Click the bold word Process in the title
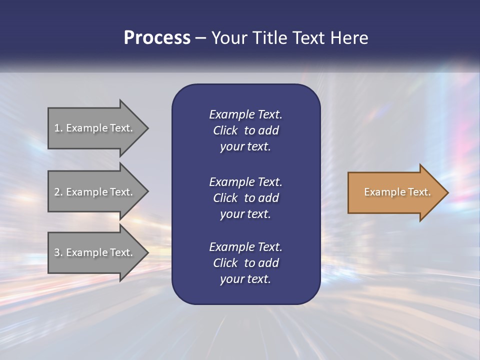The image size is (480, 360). coord(157,38)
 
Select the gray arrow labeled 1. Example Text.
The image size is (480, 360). coord(95,128)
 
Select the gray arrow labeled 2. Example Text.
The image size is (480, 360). coord(95,192)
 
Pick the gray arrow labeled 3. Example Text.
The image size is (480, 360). coord(95,252)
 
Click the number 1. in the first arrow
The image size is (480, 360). coord(58,128)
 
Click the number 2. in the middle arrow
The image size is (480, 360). coord(58,192)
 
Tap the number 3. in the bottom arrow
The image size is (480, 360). coord(58,252)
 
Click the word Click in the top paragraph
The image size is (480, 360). coord(225,130)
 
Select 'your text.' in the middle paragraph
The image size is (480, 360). coord(245,214)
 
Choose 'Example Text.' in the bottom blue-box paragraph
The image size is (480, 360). coord(245,247)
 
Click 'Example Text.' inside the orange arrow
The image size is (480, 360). coord(397,192)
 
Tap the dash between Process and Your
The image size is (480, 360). coord(200,38)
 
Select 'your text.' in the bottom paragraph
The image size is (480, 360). coord(245,279)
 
